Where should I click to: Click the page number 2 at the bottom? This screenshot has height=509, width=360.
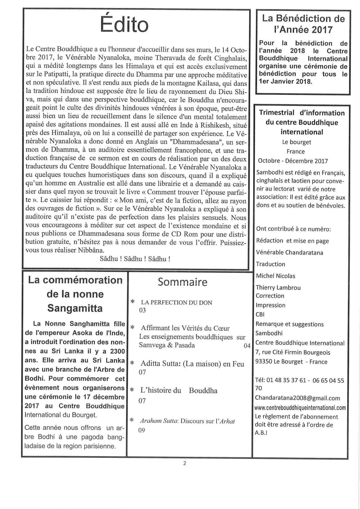pos(185,463)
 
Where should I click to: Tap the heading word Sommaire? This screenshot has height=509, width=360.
pos(183,282)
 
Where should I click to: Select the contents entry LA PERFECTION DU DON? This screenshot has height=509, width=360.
pos(177,303)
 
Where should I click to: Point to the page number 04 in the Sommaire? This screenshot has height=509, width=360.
pos(247,345)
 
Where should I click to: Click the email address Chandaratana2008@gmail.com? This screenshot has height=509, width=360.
pos(298,398)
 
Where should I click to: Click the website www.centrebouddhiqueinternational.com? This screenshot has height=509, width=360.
pos(300,408)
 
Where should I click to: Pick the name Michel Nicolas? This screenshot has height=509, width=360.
pos(276,276)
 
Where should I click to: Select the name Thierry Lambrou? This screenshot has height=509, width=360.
pos(278,288)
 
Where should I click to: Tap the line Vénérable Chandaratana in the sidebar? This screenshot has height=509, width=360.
pos(289,252)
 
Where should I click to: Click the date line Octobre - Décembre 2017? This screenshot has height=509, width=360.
pos(293,161)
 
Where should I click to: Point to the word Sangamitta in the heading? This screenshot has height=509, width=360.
pos(75,308)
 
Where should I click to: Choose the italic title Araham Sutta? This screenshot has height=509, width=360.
pos(159,421)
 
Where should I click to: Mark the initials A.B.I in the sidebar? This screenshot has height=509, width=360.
pos(261,433)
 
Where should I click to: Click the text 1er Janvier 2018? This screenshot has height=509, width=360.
pos(286,82)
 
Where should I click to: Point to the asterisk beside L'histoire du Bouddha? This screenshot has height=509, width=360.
pos(132,390)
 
